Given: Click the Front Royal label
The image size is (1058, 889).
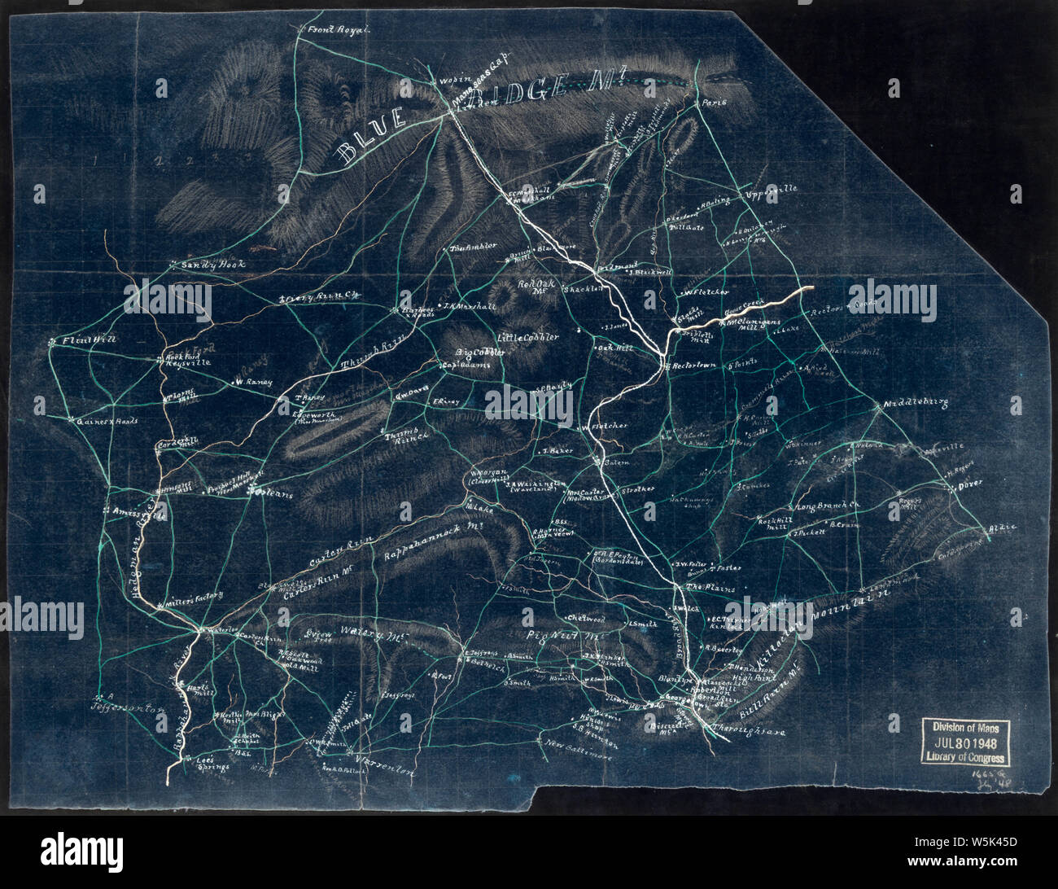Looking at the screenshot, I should [339, 31].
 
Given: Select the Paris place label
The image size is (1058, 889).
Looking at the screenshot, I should [713, 103].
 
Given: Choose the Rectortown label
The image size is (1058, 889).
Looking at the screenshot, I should [694, 366].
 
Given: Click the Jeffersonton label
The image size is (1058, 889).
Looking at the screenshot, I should [128, 708].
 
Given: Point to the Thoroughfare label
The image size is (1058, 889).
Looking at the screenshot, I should [747, 732].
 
